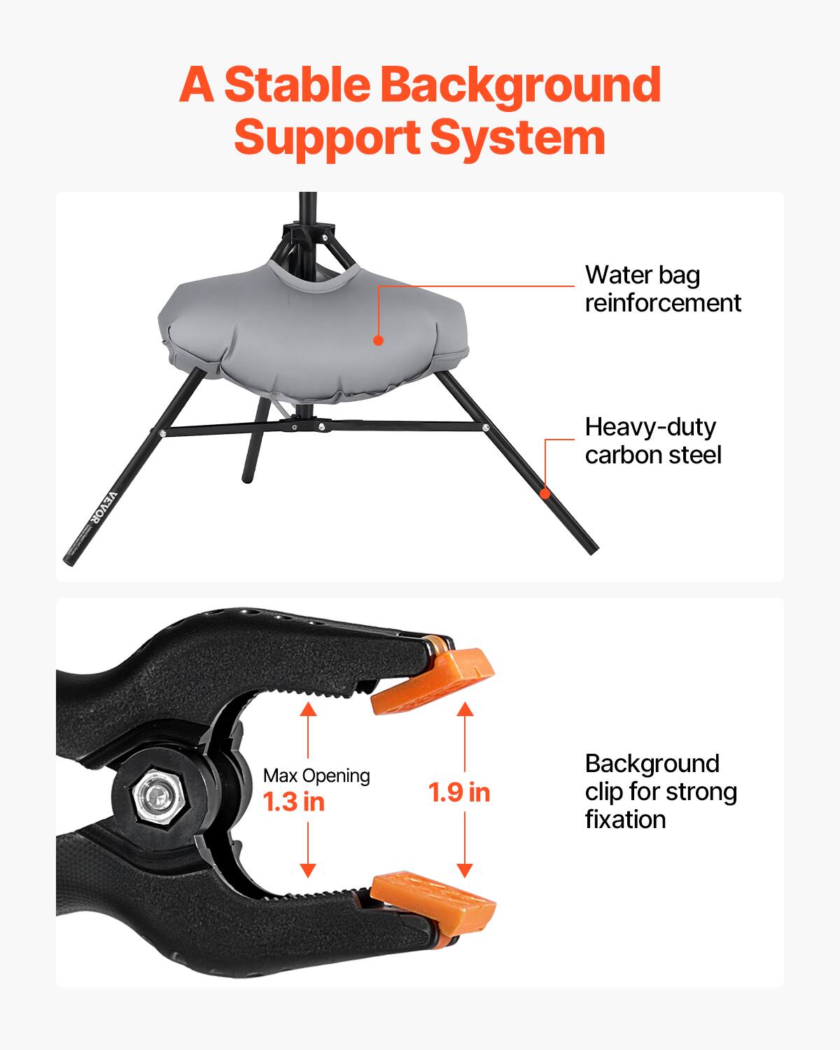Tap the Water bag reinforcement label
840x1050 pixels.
(662, 288)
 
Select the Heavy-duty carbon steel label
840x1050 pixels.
(652, 440)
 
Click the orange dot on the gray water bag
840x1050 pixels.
(378, 341)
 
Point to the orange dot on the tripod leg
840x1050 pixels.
(546, 492)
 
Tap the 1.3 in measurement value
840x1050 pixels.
(294, 801)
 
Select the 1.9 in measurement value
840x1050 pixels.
(459, 792)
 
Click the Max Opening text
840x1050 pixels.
(316, 776)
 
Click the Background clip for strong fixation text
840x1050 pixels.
(661, 791)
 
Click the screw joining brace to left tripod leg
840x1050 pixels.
(162, 434)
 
